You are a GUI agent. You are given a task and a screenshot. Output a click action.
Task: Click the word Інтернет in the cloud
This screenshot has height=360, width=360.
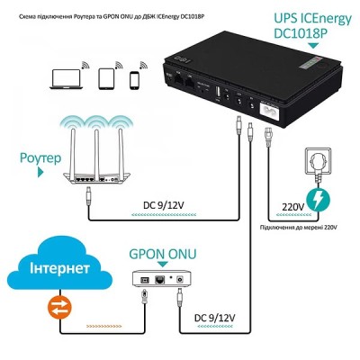pos(62,270)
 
